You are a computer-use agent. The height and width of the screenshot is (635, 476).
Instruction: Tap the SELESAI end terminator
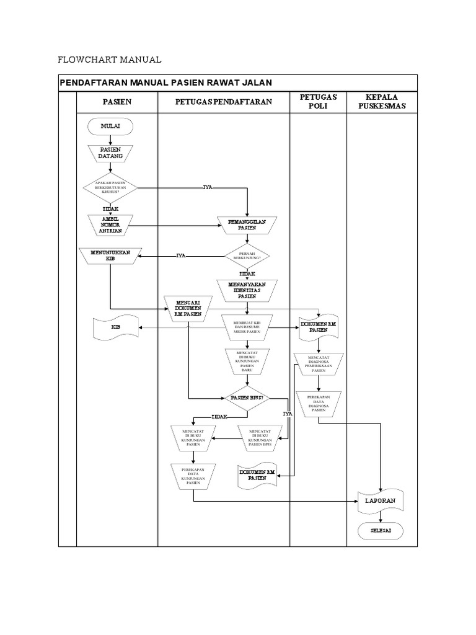381,531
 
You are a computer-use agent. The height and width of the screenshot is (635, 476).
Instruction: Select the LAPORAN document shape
381,500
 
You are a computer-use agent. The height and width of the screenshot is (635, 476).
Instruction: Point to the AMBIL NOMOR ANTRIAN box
110,224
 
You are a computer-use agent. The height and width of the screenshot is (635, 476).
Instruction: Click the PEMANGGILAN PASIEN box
247,224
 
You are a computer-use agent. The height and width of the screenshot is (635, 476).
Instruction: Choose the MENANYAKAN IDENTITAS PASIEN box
247,290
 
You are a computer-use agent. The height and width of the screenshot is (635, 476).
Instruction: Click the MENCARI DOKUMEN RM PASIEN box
188,307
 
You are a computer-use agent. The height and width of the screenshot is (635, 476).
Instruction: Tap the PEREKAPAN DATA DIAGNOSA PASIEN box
318,403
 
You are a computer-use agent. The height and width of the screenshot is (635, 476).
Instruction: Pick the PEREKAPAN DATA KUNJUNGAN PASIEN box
193,476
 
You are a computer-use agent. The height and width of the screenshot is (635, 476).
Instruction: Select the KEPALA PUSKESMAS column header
381,102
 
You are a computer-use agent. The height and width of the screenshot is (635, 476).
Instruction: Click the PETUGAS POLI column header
318,102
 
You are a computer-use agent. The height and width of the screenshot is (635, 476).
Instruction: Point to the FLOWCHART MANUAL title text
109,60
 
